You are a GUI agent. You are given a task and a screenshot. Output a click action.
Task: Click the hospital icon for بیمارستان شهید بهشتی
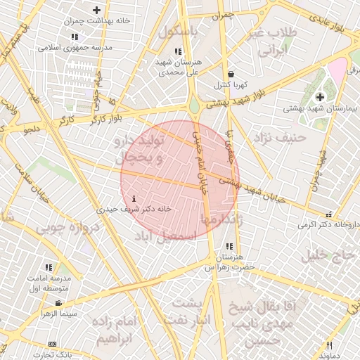(321, 96)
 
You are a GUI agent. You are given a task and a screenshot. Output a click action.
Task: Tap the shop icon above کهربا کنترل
(231, 74)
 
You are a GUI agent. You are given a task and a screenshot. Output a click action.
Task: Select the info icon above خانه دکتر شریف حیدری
(135, 199)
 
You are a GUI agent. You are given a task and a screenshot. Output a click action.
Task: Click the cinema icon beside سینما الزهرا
(58, 303)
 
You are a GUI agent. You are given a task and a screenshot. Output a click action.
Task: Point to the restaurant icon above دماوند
(329, 345)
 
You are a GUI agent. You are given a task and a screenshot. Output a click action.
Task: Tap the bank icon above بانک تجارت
(52, 344)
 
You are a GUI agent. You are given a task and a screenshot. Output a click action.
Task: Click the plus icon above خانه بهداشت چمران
(96, 10)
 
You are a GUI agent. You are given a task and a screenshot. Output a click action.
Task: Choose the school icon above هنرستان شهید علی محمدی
(177, 51)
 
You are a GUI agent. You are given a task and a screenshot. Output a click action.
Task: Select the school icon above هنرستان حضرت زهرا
(229, 246)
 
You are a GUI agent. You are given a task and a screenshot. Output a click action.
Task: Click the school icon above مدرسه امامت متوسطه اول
(49, 267)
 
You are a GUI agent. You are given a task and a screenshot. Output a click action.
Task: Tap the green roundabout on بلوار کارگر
(193, 108)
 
